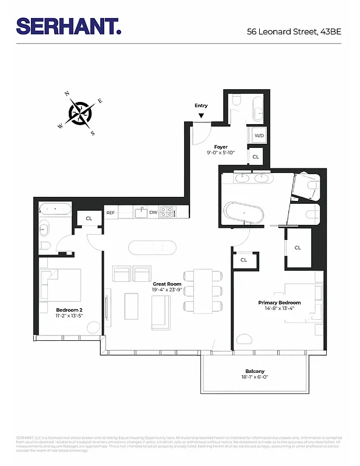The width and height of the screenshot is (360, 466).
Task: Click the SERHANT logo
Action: pos(69,26)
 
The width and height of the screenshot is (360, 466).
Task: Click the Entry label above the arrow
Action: pos(201,105)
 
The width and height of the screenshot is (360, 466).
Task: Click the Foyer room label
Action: pos(221,147)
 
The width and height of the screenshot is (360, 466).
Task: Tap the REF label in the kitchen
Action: pos(111,213)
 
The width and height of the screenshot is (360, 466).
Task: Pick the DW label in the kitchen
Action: pos(153,213)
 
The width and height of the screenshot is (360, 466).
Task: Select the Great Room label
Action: pos(167,284)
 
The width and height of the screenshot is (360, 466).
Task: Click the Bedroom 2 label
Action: pos(69,309)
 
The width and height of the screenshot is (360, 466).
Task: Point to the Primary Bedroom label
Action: pos(280,303)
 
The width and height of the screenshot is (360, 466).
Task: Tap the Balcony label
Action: pos(255,371)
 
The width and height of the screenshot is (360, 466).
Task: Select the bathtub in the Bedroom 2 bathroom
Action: pos(55,208)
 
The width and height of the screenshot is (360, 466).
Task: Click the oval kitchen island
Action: pos(153,247)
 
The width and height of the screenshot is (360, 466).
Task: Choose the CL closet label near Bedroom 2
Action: pos(89,218)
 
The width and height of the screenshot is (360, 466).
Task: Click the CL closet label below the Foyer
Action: pos(255,157)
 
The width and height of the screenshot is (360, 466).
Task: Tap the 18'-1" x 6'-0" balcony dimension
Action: pos(255,377)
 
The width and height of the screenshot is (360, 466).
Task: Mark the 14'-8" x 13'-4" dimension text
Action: pos(280,309)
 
